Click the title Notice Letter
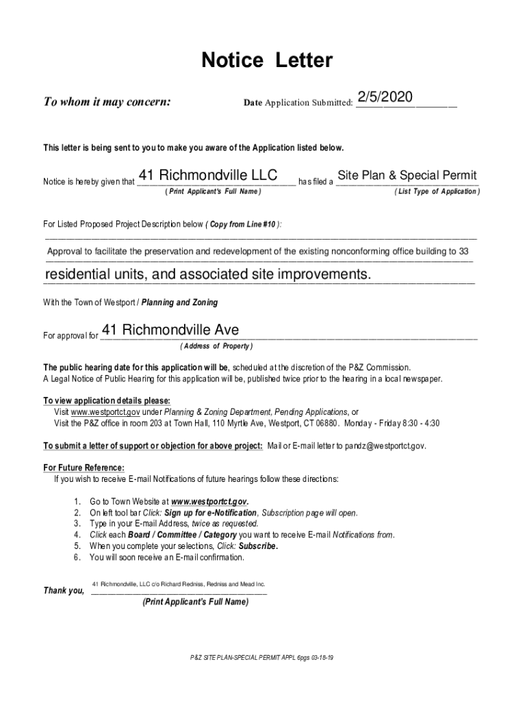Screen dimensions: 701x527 click(x=267, y=62)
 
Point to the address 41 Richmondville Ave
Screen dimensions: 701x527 click(x=170, y=331)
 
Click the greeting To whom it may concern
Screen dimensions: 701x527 click(x=107, y=103)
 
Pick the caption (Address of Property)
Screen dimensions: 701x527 click(x=216, y=346)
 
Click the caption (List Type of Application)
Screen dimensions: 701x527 click(x=437, y=192)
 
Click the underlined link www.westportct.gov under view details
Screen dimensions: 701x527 click(x=105, y=412)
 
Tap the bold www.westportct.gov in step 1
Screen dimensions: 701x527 click(x=209, y=501)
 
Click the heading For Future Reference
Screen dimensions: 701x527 click(x=83, y=468)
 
